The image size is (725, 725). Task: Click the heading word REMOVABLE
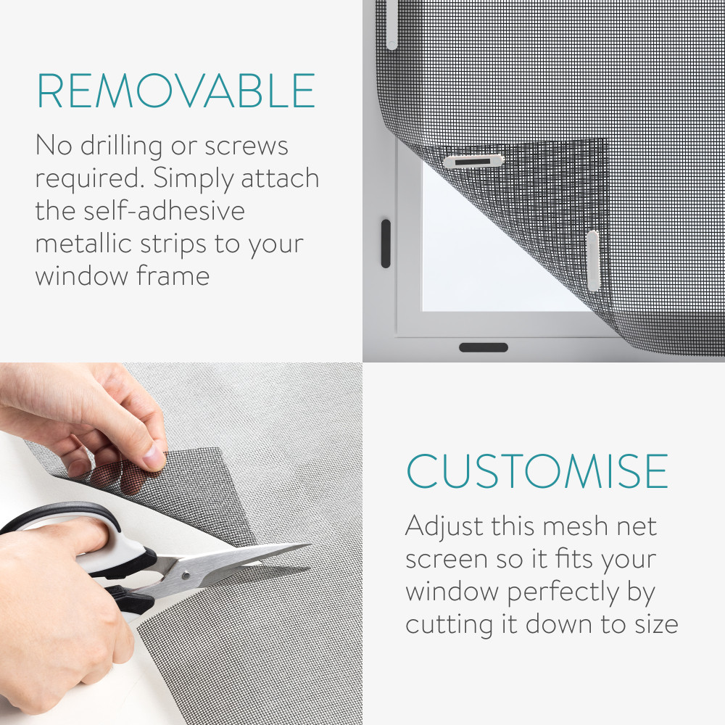click(x=176, y=91)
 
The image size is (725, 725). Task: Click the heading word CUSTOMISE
click(x=537, y=471)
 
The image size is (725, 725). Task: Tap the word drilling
click(x=122, y=147)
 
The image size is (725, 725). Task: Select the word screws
click(x=246, y=147)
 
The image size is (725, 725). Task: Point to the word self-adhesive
click(x=164, y=210)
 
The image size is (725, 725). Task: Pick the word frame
click(x=173, y=275)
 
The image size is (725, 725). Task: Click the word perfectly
click(x=563, y=593)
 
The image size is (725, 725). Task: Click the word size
click(x=656, y=624)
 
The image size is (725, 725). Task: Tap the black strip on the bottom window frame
click(x=484, y=347)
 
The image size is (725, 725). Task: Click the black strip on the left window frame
click(x=386, y=243)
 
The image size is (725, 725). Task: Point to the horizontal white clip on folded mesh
click(x=473, y=162)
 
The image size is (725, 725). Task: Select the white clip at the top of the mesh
click(x=391, y=24)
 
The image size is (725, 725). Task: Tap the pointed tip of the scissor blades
click(x=311, y=544)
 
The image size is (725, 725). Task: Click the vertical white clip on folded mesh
click(x=593, y=260)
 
